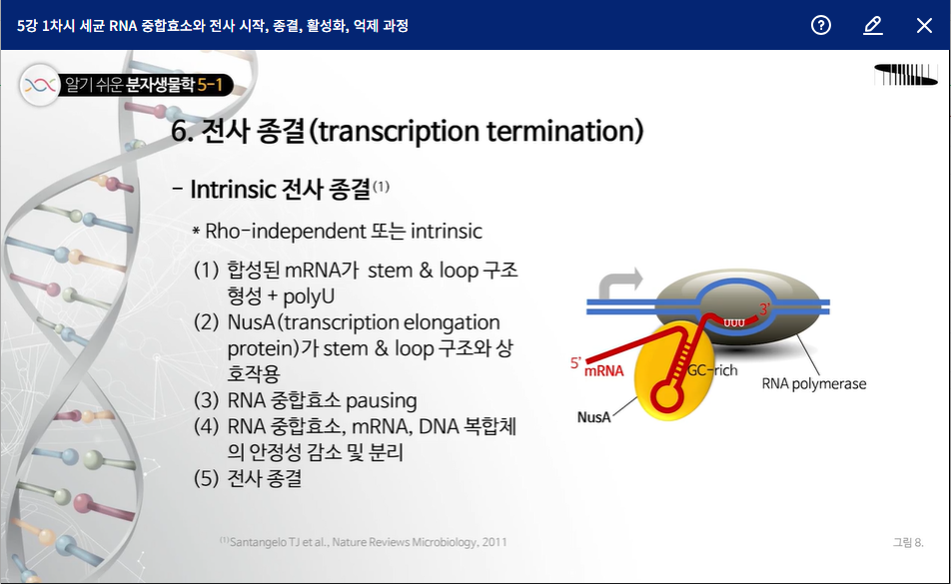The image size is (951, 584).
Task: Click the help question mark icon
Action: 820,25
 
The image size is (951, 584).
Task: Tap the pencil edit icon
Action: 873,25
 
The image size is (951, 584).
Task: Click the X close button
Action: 924,25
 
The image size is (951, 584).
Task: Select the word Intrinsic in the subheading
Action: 234,189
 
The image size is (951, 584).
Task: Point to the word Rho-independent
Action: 285,232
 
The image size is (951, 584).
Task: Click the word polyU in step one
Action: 309,296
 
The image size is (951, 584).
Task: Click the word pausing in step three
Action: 381,401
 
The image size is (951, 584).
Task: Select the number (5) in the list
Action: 206,478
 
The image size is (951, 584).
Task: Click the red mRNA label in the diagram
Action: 603,370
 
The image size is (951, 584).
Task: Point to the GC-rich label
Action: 712,370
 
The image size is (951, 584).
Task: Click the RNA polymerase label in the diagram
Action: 814,383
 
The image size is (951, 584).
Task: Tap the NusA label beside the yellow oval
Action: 593,417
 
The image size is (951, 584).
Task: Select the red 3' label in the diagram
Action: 764,308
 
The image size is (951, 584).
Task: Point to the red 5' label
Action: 575,362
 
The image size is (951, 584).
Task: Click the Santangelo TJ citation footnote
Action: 364,542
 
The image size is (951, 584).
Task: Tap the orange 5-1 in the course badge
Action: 211,85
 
